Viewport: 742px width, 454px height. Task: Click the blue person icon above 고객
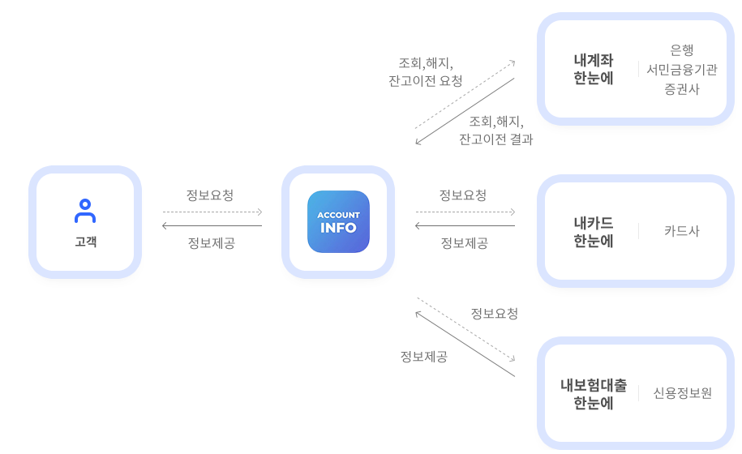coord(85,211)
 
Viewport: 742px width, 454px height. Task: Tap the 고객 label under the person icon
coord(85,242)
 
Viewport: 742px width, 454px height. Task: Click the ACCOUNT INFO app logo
coord(338,222)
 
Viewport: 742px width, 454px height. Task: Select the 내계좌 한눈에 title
coord(594,70)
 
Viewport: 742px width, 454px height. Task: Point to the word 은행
coord(682,50)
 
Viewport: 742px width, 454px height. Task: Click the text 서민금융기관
coord(682,70)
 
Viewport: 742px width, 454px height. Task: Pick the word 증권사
coord(682,89)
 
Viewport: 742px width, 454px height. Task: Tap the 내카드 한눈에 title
coord(594,232)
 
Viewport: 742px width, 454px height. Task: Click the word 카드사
coord(682,231)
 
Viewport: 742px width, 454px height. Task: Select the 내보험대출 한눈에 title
coord(594,394)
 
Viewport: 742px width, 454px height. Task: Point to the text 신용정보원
coord(683,393)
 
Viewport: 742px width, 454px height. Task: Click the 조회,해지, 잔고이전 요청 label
coord(426,72)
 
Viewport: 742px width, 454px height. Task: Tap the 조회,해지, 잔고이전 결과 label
coord(496,131)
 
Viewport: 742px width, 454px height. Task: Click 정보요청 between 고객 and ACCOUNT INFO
coord(210,195)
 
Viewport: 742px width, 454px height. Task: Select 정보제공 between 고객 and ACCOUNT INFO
coord(212,243)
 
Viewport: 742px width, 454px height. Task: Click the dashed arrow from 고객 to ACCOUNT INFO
coord(212,212)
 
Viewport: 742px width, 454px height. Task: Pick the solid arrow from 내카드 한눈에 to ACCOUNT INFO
coord(465,226)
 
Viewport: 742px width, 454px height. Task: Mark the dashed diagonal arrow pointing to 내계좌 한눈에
coord(465,94)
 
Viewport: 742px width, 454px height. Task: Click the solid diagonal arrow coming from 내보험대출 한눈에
coord(465,345)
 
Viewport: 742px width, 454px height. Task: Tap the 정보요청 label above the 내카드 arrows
coord(463,195)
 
